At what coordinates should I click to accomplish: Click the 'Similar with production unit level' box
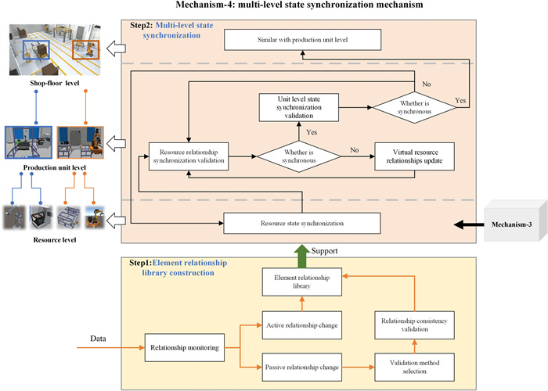(302, 39)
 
